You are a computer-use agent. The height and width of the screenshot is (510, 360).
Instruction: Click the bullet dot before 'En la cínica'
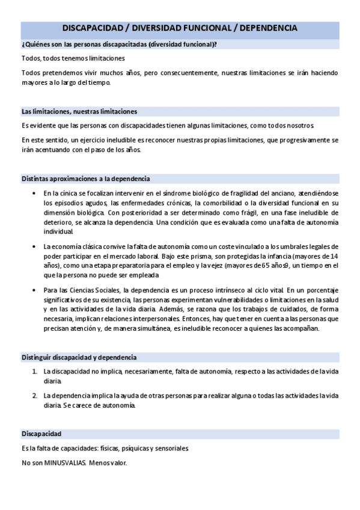click(33, 193)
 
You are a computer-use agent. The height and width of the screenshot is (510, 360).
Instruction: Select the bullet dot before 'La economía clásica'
click(33, 246)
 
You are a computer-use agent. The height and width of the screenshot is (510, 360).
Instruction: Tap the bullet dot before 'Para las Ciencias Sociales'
click(33, 290)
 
